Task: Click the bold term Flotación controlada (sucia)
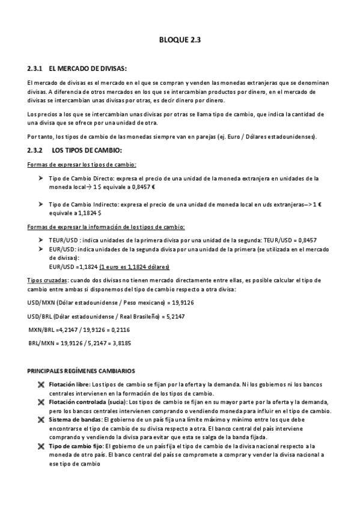(x=88, y=402)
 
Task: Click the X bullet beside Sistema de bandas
(x=41, y=420)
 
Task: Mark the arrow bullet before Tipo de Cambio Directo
(x=40, y=179)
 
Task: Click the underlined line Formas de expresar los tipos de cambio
(x=82, y=165)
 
